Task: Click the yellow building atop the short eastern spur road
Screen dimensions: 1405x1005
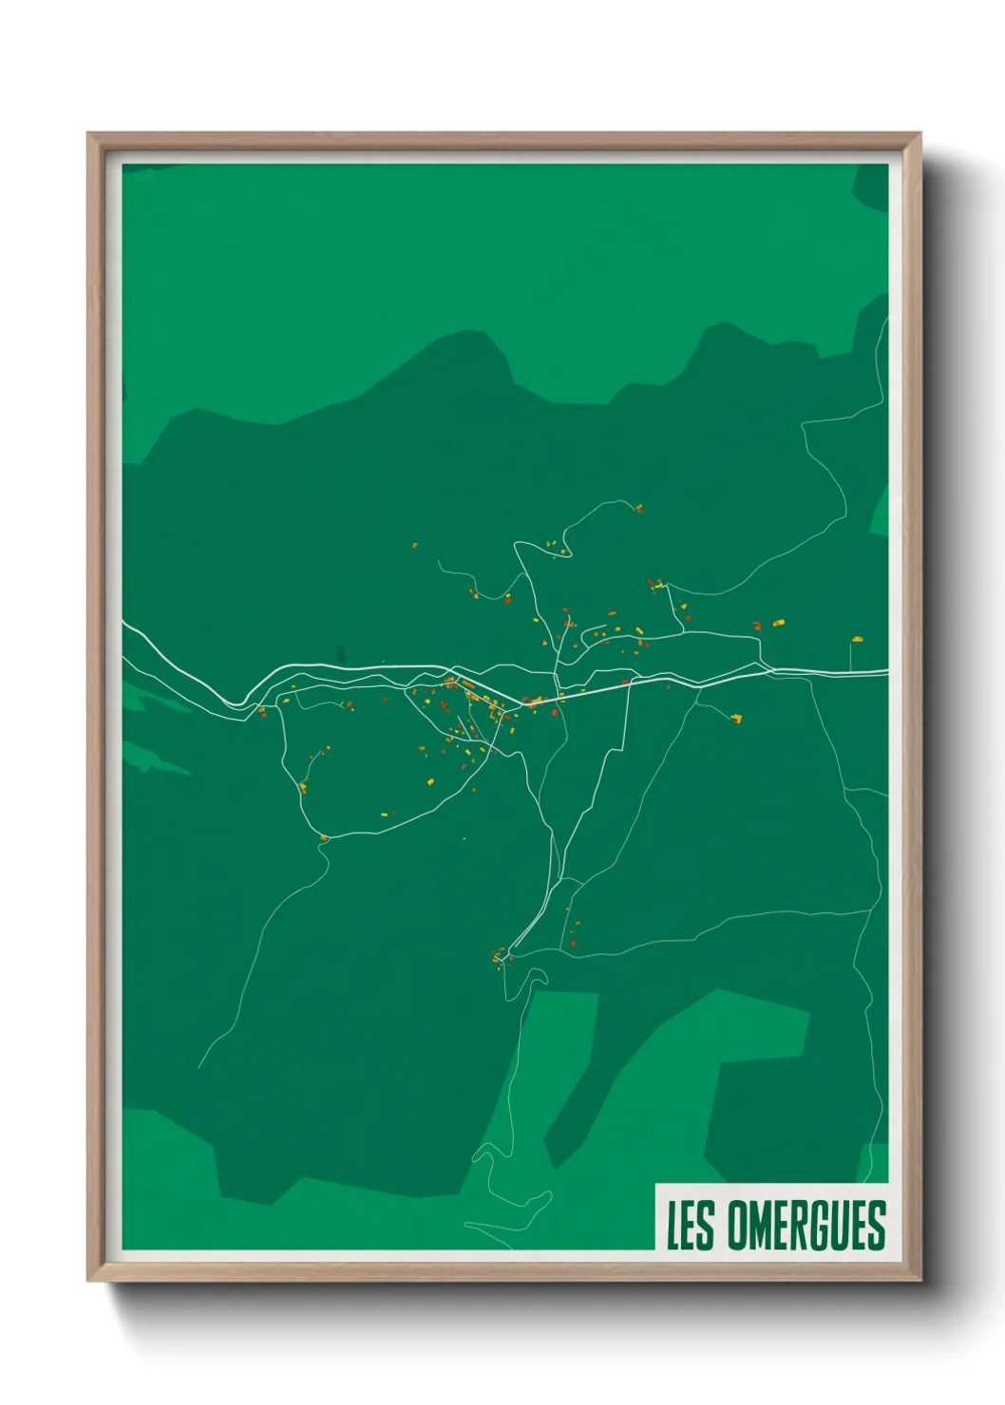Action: click(x=857, y=640)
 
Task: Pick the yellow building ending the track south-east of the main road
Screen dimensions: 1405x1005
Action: click(x=736, y=719)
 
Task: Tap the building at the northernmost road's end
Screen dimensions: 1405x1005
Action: click(x=639, y=508)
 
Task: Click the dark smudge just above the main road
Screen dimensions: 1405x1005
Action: click(x=340, y=653)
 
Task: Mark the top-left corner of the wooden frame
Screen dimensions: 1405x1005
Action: click(x=90, y=136)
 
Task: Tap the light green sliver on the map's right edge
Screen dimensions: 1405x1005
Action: click(x=880, y=513)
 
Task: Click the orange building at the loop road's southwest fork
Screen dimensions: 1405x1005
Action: click(x=324, y=837)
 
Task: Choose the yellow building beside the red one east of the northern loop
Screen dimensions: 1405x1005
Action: click(x=778, y=623)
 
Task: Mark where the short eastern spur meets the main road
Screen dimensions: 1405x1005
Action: click(x=851, y=672)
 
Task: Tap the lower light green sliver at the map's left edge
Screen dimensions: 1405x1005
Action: click(x=152, y=760)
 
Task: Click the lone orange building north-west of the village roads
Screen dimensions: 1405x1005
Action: click(x=415, y=545)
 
